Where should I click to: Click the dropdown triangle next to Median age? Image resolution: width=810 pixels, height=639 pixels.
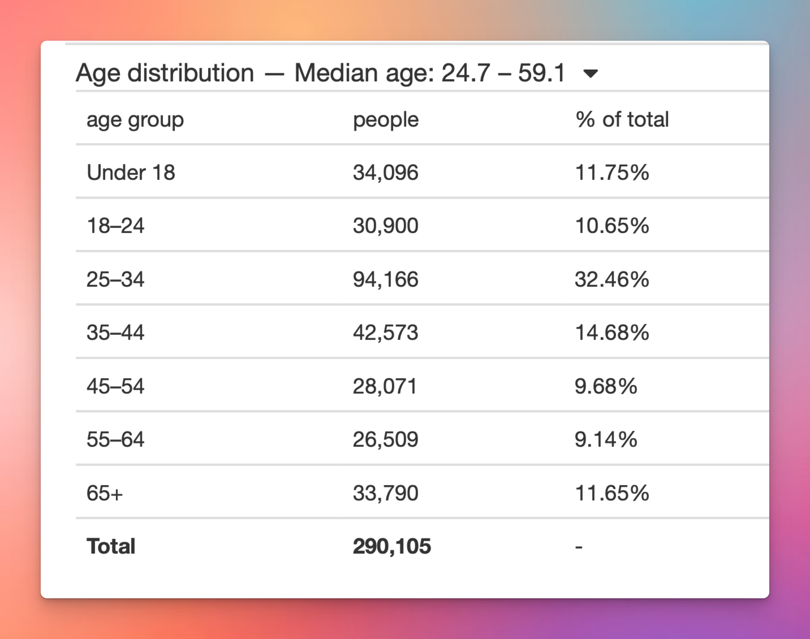590,74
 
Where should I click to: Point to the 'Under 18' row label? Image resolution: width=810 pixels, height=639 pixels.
131,172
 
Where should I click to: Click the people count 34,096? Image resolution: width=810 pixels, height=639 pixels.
385,172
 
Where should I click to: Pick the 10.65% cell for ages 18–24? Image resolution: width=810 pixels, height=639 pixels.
612,226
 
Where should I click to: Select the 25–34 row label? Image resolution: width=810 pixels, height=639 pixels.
115,279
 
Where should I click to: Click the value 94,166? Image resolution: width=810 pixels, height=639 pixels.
385,279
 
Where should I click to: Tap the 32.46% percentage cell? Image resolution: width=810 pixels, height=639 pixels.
612,279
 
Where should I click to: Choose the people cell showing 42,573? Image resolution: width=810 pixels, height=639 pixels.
385,332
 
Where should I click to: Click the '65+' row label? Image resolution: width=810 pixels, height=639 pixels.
104,493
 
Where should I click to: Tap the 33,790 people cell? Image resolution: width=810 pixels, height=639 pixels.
385,493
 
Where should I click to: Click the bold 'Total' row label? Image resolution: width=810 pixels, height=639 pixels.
111,546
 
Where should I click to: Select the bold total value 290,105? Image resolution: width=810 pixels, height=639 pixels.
392,546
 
